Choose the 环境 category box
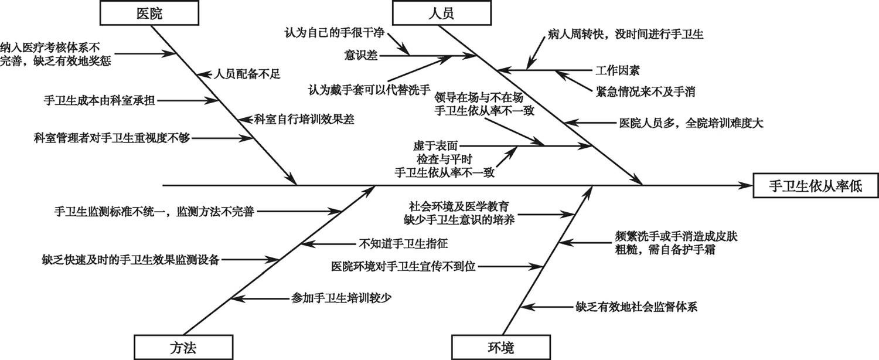point(500,347)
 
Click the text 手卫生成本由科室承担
point(100,100)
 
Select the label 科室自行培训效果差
point(304,119)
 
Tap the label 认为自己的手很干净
point(335,29)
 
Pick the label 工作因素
point(617,71)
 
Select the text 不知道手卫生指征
point(399,243)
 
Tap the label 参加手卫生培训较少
point(341,298)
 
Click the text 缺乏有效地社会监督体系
point(636,306)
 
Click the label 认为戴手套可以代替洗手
point(370,90)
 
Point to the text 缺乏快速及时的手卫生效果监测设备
point(131,259)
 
